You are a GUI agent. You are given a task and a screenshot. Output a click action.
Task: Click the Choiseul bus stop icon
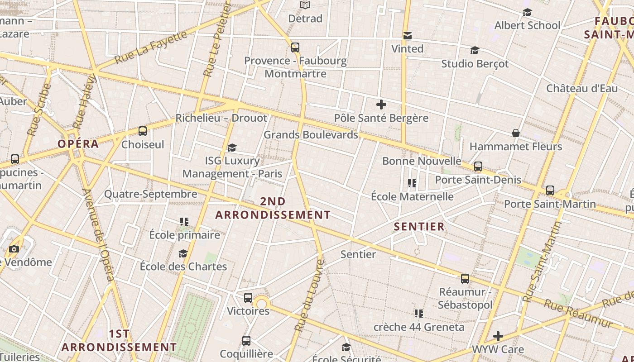click(x=143, y=131)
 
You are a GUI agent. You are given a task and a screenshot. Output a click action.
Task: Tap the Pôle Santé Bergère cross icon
click(x=381, y=105)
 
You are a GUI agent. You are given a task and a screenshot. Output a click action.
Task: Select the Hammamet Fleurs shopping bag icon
click(x=515, y=133)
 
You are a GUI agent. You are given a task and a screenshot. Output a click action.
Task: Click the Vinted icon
click(x=408, y=35)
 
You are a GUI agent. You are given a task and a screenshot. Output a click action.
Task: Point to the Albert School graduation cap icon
click(x=527, y=12)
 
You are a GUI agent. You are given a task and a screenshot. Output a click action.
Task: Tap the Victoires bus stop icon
click(x=248, y=298)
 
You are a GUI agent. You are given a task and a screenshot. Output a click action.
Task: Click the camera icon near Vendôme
click(x=14, y=249)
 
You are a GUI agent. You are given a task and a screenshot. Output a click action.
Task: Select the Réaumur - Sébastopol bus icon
click(x=465, y=278)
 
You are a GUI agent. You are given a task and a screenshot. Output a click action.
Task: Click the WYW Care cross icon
click(x=498, y=336)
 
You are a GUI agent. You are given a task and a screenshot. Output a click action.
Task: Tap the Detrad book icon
click(x=306, y=5)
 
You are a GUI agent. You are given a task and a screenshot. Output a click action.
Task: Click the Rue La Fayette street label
click(x=150, y=47)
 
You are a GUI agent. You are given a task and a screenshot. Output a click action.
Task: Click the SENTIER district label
click(x=419, y=227)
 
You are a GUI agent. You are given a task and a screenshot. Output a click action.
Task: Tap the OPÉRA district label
click(x=78, y=144)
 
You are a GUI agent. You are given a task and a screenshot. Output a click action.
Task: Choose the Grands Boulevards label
click(x=311, y=135)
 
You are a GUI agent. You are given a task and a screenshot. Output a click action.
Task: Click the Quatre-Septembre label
click(x=151, y=194)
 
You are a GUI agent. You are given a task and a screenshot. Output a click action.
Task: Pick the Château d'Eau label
click(x=582, y=88)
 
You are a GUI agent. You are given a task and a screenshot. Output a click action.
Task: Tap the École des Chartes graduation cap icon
click(x=183, y=253)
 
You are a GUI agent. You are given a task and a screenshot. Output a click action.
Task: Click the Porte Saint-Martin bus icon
click(x=550, y=191)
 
